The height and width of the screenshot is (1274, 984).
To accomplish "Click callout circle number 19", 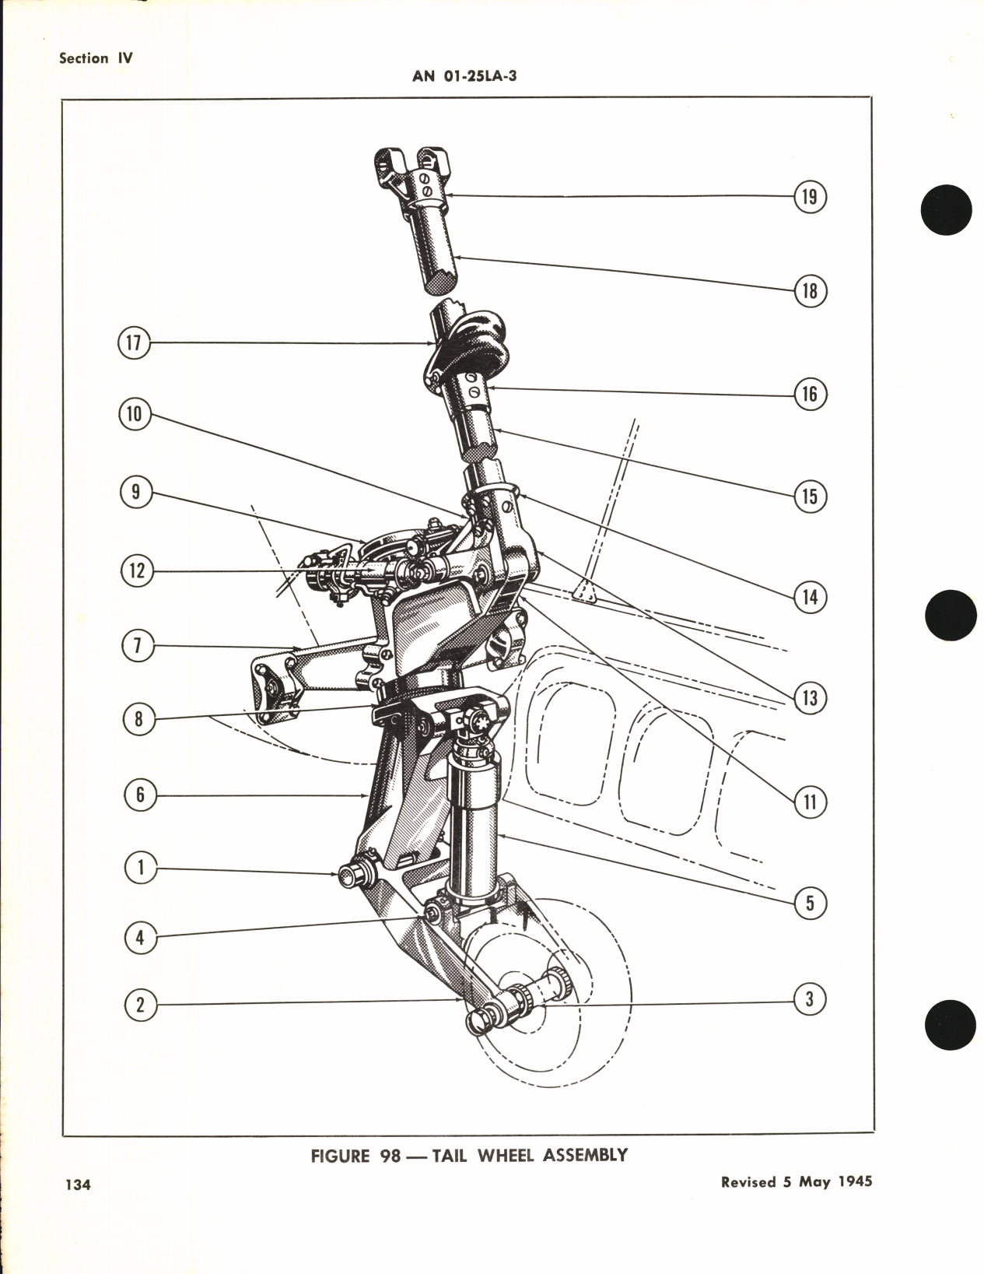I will [x=810, y=196].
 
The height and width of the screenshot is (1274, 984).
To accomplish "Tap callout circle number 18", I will [x=810, y=291].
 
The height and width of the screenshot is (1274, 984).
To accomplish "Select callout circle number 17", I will [x=134, y=343].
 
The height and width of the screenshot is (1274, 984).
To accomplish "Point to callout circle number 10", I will [x=135, y=413].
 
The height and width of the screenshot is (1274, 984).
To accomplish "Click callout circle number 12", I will [x=137, y=570].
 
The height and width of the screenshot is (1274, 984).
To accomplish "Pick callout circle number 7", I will [x=138, y=647].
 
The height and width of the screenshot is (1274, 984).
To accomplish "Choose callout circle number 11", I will [x=810, y=802].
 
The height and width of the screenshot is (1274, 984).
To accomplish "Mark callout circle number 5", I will [x=810, y=903].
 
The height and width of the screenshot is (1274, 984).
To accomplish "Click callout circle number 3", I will [x=810, y=998].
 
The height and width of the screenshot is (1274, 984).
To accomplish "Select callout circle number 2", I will [x=140, y=1005].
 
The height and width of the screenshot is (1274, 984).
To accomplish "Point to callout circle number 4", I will [x=140, y=938].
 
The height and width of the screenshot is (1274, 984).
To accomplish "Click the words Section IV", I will [x=96, y=58].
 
